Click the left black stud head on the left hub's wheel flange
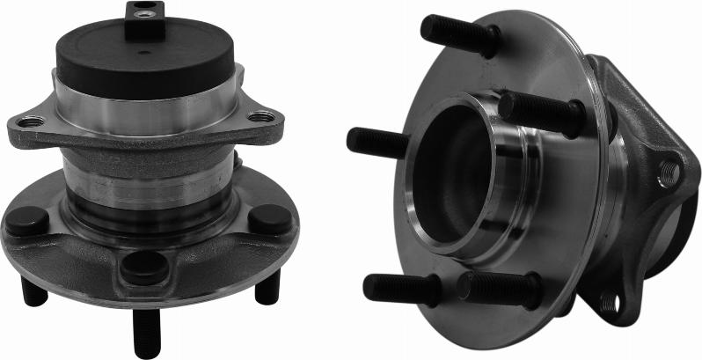point(27,220)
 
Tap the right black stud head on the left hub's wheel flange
point(269,218)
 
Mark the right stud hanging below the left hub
point(267,287)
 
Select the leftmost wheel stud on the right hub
point(377,142)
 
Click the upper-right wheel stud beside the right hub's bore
point(541,113)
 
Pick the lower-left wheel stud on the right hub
point(401,288)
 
